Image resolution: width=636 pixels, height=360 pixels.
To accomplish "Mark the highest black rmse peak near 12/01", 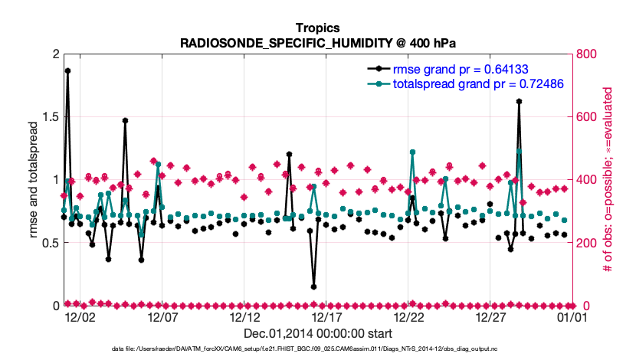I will pyautogui.click(x=67, y=70).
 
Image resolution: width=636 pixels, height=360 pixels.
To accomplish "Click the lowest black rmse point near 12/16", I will pyautogui.click(x=314, y=286).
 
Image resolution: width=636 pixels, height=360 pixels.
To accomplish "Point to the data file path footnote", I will pyautogui.click(x=317, y=349).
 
